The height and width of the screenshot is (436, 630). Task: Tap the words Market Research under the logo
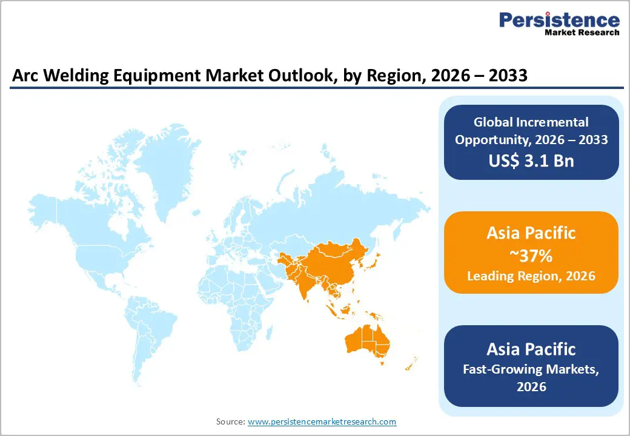pos(581,33)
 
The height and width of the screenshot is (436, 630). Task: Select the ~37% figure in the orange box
pos(531,256)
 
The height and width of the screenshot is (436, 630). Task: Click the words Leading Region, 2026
pos(531,276)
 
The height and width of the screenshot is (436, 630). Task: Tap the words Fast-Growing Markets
pos(531,369)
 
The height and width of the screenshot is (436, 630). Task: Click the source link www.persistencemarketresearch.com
pos(322,421)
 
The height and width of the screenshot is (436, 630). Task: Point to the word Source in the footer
pos(230,421)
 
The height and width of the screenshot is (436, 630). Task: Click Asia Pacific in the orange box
pos(531,233)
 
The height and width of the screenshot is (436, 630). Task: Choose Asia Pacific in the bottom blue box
pos(531,349)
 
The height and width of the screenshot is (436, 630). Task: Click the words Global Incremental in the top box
pos(531,122)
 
